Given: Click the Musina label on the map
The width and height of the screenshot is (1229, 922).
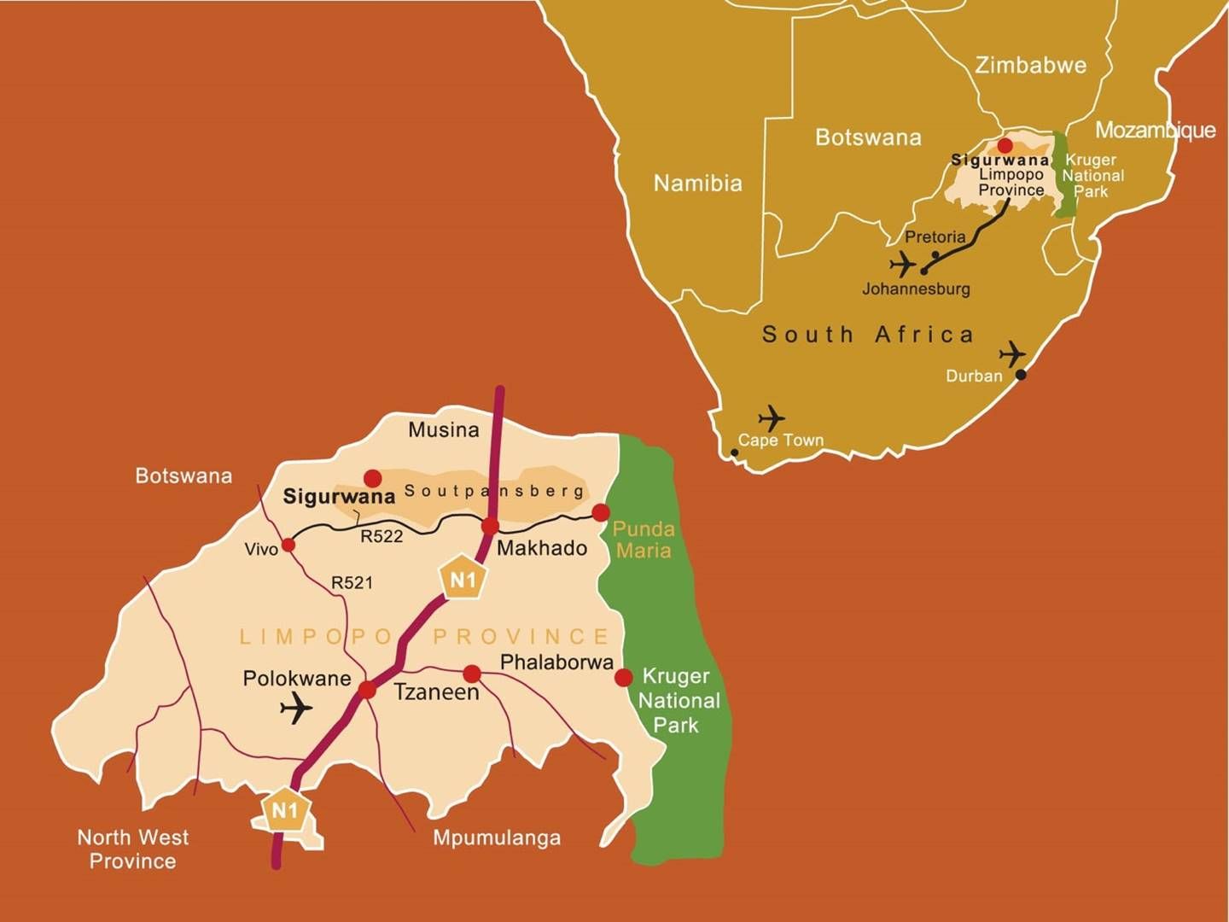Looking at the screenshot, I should click(443, 429).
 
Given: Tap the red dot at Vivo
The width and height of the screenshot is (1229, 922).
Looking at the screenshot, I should click(288, 545).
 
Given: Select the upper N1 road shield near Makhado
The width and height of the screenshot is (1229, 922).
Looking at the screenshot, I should click(462, 581).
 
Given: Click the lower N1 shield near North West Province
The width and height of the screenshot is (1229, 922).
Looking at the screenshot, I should click(284, 810).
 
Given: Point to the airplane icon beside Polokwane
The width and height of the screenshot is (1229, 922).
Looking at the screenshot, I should click(296, 708).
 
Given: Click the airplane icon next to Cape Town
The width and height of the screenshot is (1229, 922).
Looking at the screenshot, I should click(772, 418).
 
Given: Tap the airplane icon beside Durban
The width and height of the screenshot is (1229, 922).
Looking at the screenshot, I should click(1012, 353).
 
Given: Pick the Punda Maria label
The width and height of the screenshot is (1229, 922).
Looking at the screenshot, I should click(644, 540).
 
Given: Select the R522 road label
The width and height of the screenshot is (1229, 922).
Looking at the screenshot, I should click(382, 536).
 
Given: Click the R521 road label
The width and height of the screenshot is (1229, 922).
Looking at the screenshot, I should click(352, 582).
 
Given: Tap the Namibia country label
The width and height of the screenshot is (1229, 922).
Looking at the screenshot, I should click(697, 183).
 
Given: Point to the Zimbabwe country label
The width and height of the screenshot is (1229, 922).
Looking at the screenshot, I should click(1030, 65).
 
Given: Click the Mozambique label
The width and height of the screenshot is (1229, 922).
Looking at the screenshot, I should click(1155, 130).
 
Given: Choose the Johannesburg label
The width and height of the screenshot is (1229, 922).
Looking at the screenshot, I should click(916, 289).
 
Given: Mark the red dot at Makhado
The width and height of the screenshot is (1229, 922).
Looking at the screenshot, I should click(490, 526).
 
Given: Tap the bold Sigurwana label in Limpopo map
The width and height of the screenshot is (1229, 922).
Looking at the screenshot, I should click(339, 496).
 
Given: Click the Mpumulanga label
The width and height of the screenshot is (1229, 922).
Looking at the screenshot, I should click(497, 837).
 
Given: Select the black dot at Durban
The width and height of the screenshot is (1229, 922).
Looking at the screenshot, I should click(1021, 374).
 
